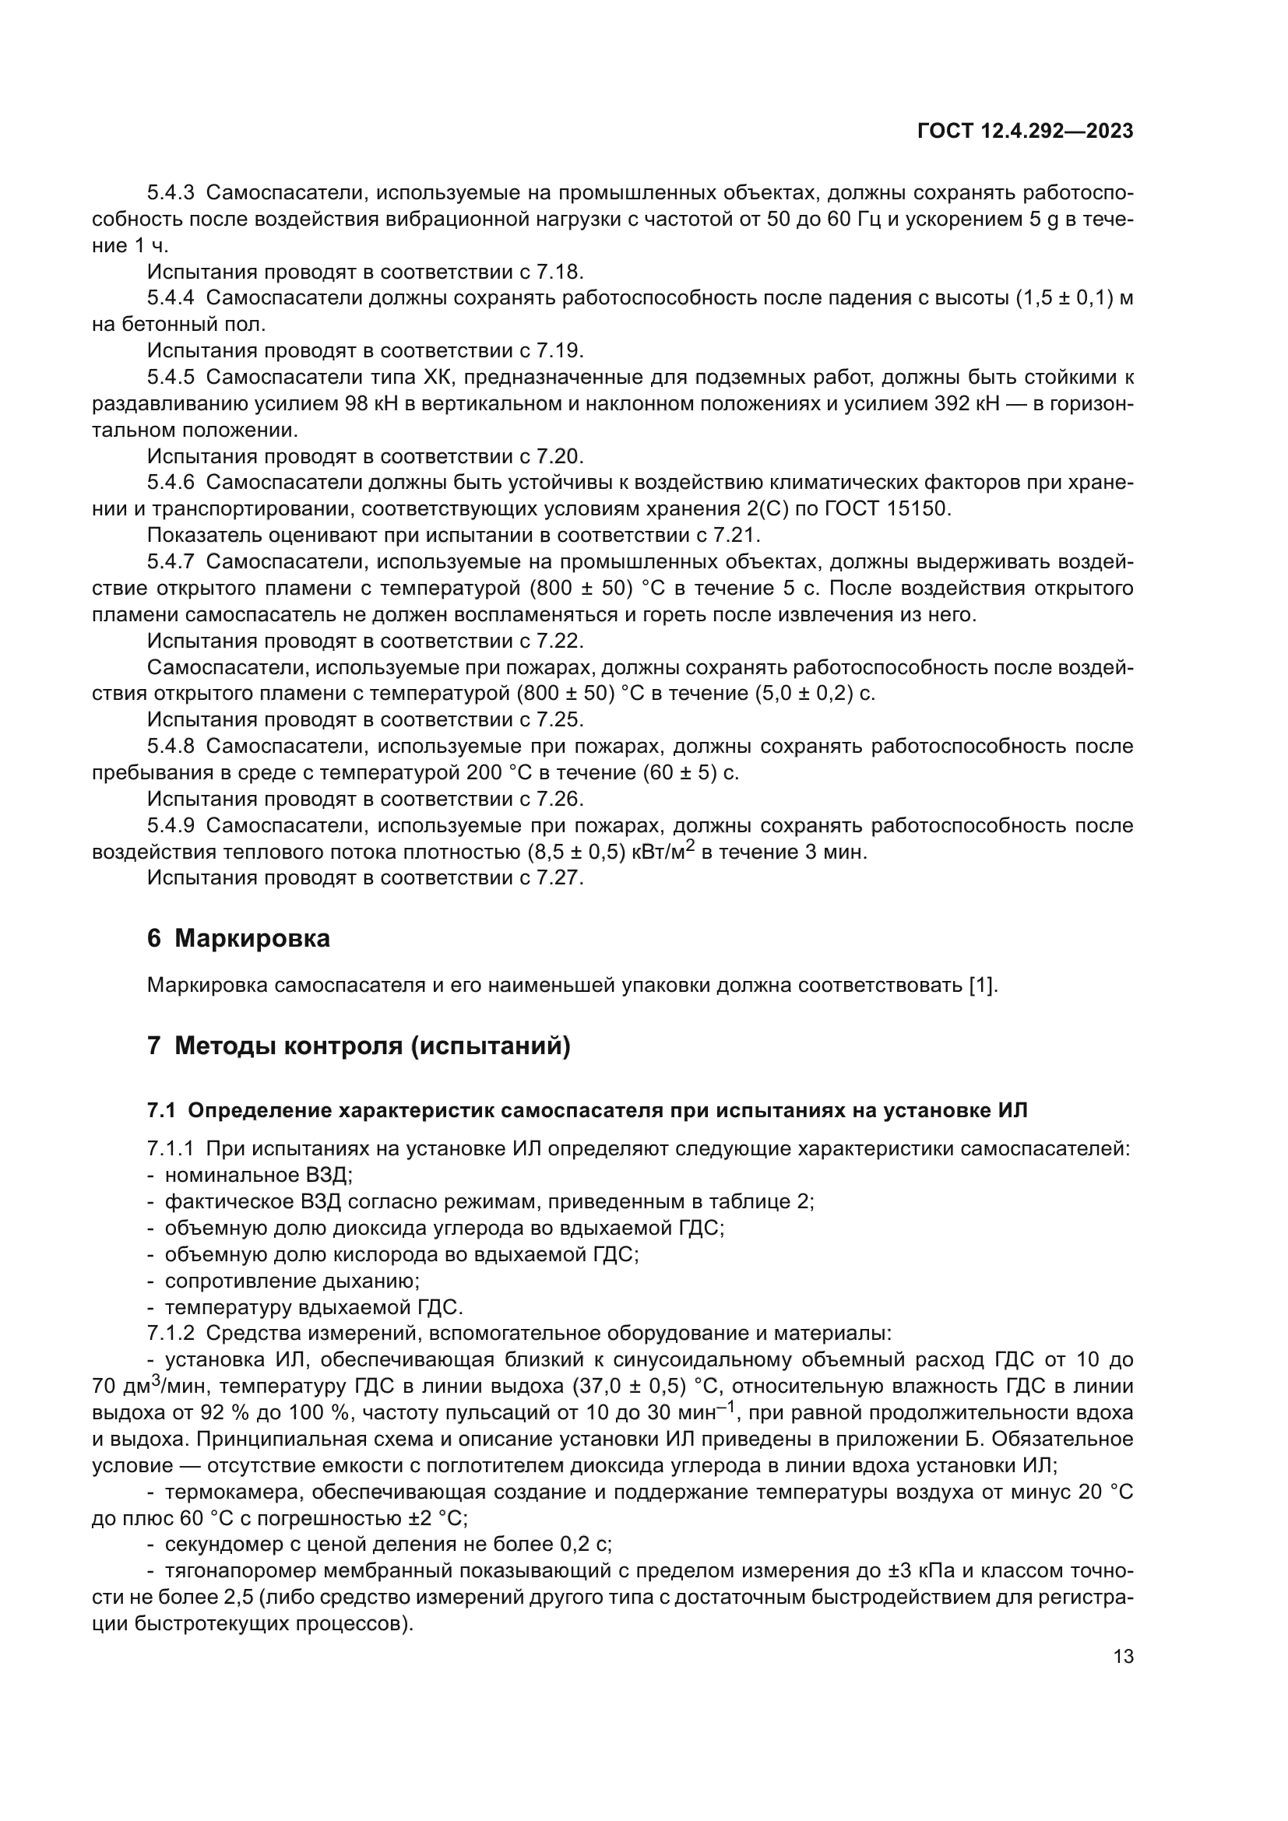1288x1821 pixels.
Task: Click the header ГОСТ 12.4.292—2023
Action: point(1025,132)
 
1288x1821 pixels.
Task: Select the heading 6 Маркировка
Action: point(239,938)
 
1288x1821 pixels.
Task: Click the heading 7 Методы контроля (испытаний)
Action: point(358,1046)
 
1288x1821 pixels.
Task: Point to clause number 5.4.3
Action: point(171,193)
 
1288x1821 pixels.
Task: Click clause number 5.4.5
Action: point(171,377)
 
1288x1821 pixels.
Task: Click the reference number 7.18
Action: point(559,272)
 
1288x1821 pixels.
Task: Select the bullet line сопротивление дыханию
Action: point(291,1280)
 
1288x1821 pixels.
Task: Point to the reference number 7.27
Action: point(559,878)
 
